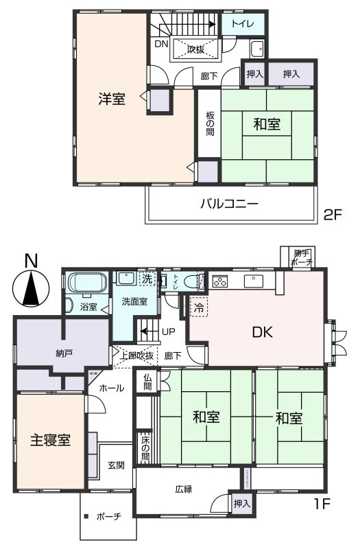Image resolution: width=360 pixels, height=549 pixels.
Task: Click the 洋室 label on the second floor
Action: tap(111, 99)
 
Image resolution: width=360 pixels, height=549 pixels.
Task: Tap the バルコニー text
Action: tap(229, 204)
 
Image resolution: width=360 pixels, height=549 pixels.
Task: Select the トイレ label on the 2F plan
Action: tap(243, 24)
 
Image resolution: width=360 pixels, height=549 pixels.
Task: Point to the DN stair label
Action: tap(160, 44)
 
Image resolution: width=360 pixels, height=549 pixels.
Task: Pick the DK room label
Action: tap(263, 333)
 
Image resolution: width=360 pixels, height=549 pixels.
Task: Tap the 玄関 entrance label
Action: tap(116, 465)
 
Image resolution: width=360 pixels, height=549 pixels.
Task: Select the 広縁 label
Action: tap(183, 489)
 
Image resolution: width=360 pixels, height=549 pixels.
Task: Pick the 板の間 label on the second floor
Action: tap(210, 124)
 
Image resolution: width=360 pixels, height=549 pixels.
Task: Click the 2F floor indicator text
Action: tap(333, 213)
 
